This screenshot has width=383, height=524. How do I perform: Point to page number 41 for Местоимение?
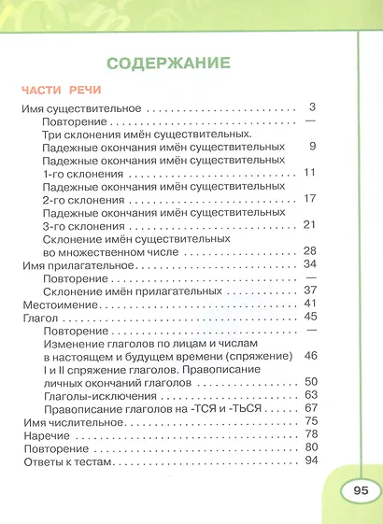(x=312, y=304)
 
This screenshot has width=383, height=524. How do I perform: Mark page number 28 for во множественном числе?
(x=312, y=251)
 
